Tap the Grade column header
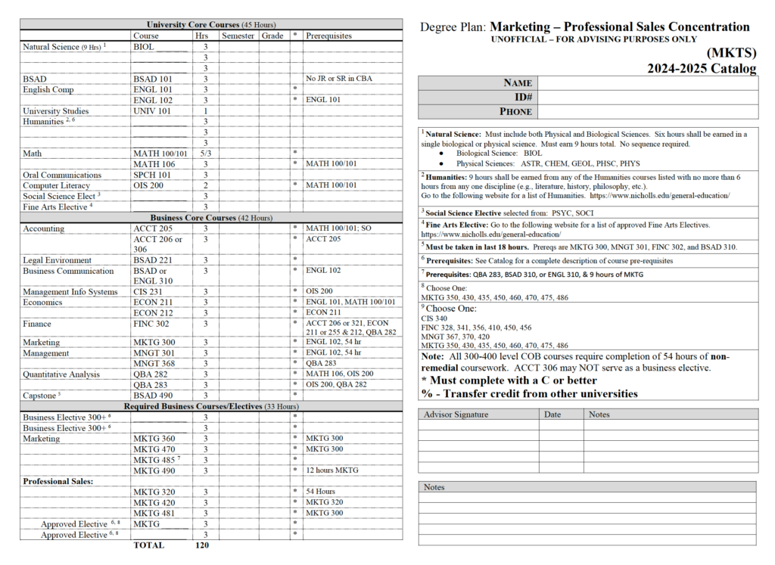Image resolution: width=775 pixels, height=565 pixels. point(272,36)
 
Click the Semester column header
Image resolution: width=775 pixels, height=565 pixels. point(238,36)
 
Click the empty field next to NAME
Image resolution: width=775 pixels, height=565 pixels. point(648,83)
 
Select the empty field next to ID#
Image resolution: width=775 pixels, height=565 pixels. point(648,98)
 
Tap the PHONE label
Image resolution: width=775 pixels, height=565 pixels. point(515,112)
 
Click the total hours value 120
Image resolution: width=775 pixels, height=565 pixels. point(201,545)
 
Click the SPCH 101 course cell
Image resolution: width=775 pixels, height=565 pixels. point(152,175)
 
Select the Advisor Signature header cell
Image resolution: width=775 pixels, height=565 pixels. point(456,414)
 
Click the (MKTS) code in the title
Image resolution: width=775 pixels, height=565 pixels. point(732,53)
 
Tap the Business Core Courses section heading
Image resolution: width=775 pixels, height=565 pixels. point(211,218)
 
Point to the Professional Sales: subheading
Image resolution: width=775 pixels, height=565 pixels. point(58,481)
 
